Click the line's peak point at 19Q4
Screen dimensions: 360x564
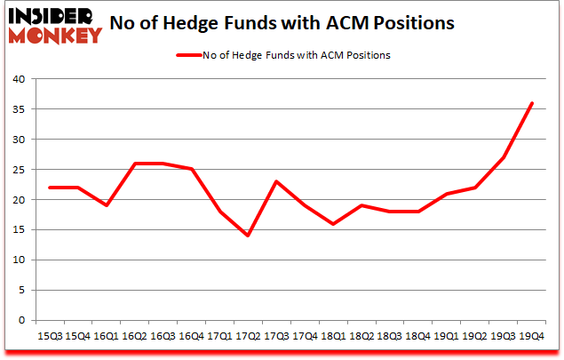point(531,103)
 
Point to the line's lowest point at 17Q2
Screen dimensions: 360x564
point(247,236)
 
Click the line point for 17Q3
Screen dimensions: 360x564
point(275,181)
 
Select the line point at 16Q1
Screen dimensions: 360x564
point(105,205)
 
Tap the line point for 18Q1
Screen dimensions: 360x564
point(332,224)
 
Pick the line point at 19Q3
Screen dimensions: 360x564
point(503,157)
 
